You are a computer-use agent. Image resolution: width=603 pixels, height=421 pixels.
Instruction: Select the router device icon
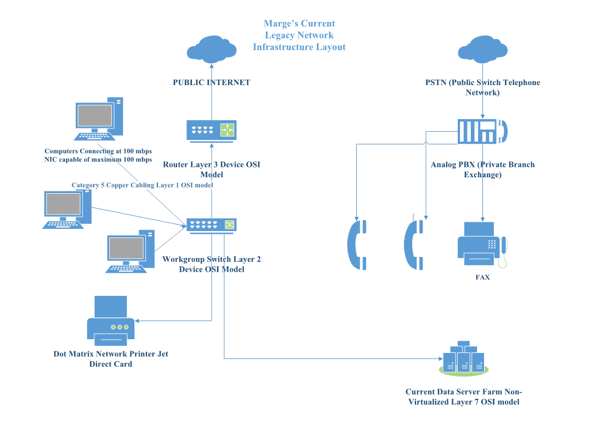pos(212,131)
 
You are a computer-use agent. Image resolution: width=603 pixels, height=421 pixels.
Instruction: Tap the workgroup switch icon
pos(212,225)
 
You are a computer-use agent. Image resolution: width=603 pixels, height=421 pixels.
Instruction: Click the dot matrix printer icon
pos(111,321)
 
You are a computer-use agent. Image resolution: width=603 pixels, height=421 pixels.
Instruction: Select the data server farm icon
pos(464,358)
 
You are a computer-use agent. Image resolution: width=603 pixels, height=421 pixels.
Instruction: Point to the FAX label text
pos(482,278)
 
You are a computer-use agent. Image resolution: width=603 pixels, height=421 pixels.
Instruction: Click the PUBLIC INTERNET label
pos(212,83)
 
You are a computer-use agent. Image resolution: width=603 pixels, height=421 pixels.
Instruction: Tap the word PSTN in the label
pos(436,83)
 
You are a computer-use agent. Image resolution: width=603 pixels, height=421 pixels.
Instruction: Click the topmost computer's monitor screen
pos(95,116)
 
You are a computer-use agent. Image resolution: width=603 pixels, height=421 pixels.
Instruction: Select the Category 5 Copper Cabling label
pos(142,186)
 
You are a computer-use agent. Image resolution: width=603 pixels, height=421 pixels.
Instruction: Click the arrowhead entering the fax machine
pos(482,218)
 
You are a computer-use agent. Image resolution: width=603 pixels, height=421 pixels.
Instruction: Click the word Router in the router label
pos(175,165)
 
